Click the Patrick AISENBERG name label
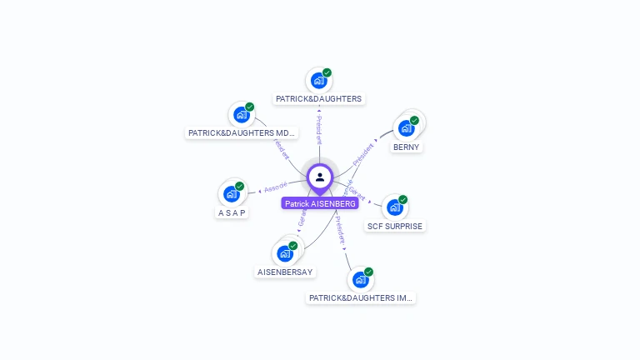click(320, 203)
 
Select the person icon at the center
click(320, 177)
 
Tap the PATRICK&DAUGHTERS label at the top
click(318, 98)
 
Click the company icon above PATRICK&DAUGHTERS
click(317, 80)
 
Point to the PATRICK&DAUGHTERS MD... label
click(242, 132)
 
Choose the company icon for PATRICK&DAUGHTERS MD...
click(242, 114)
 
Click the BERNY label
click(407, 147)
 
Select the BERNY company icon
click(406, 127)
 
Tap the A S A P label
click(232, 212)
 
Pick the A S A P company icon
click(231, 193)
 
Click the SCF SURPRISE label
click(395, 226)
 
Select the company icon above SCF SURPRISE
click(394, 207)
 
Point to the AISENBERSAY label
click(285, 272)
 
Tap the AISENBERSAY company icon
click(285, 252)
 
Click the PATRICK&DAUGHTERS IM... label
click(360, 297)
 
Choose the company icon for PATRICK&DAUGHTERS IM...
click(360, 279)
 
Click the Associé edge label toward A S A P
click(276, 186)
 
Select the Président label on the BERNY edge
click(363, 153)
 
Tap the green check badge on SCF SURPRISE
click(402, 200)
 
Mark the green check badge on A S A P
click(239, 187)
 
